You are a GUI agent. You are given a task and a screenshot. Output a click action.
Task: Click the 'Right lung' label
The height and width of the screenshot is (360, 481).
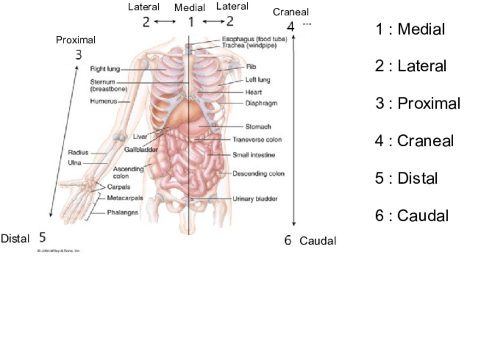click(105, 69)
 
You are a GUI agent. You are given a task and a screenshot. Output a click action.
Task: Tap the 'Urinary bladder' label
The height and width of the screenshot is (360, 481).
click(255, 199)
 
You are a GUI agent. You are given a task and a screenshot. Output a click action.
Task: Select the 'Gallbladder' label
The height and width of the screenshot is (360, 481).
click(141, 150)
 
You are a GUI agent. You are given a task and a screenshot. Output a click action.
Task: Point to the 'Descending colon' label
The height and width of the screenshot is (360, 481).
click(258, 174)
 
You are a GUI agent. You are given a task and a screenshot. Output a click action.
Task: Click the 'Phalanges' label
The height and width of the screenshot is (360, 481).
click(123, 213)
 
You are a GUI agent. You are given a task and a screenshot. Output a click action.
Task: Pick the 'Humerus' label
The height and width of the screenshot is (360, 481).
click(103, 101)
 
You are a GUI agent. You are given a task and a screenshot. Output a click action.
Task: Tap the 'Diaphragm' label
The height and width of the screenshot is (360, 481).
click(261, 103)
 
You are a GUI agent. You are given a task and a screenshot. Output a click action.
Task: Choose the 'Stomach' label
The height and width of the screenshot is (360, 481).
click(258, 127)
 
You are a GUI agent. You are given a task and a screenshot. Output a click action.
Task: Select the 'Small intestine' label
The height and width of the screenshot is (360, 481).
click(254, 155)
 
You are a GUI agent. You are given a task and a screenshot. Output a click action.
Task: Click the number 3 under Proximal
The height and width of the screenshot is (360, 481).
click(78, 55)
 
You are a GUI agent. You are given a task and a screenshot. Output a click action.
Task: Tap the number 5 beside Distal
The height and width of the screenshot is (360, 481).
click(43, 237)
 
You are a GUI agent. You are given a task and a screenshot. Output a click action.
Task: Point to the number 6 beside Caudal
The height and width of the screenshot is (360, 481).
click(288, 240)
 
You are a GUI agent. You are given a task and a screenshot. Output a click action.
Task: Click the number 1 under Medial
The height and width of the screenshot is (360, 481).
click(191, 22)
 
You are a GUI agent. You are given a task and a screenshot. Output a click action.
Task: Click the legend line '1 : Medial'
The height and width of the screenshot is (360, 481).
click(410, 29)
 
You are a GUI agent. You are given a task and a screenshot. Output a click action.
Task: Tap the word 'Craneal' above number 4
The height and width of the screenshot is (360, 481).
click(290, 12)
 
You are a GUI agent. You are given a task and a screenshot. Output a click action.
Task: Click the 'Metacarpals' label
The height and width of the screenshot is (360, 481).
click(125, 198)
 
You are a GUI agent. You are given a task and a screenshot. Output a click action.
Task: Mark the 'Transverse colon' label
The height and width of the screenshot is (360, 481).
click(257, 139)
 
